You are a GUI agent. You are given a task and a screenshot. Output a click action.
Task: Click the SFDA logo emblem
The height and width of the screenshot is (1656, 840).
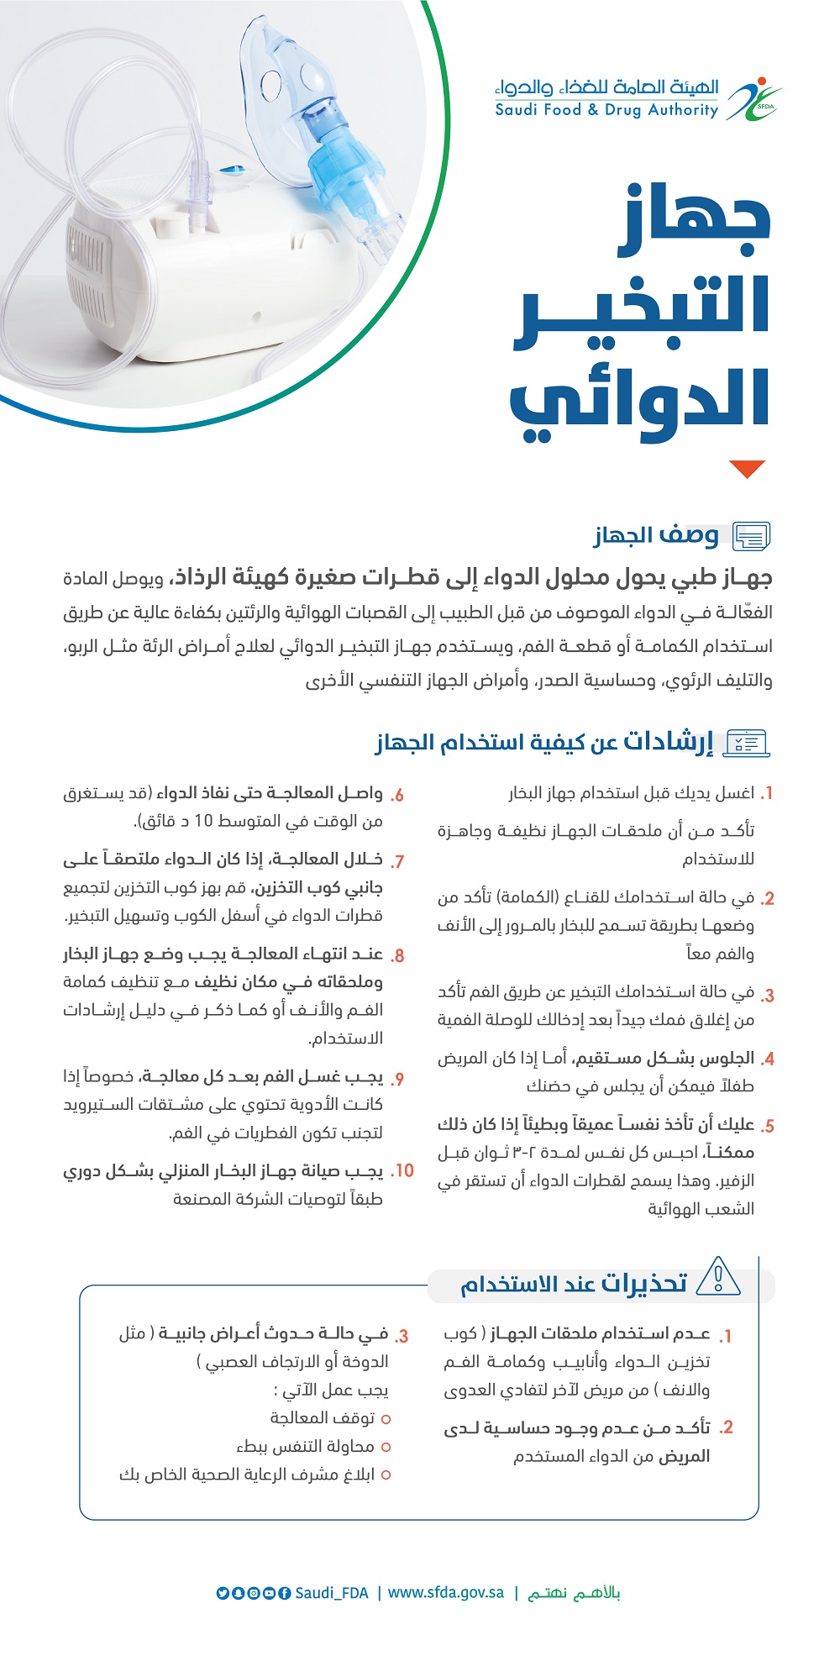(x=753, y=98)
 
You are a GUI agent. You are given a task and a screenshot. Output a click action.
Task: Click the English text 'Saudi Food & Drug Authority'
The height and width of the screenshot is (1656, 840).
(x=606, y=110)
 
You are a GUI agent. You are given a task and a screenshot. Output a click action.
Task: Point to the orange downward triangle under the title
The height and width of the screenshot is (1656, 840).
(x=747, y=469)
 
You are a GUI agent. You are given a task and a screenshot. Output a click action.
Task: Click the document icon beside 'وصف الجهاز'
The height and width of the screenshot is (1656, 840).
(x=751, y=536)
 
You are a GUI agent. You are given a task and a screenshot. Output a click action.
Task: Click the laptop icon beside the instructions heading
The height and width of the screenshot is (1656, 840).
(x=746, y=743)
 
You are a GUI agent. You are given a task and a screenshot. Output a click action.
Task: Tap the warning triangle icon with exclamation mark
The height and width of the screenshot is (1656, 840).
(x=718, y=1276)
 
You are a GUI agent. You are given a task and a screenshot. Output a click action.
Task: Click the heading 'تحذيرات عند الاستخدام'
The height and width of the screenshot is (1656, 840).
(x=574, y=1284)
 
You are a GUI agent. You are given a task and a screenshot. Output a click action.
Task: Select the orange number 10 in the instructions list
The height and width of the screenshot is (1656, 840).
(x=403, y=1171)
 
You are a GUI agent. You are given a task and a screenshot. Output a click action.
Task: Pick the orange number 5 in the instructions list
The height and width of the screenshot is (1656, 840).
(x=767, y=1126)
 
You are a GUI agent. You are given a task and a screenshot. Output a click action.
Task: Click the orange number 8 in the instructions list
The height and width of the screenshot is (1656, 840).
(x=398, y=955)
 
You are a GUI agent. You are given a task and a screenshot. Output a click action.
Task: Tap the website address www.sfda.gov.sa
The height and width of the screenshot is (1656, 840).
(x=446, y=1593)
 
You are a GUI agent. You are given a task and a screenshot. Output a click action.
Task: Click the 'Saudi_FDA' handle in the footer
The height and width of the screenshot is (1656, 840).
(x=332, y=1593)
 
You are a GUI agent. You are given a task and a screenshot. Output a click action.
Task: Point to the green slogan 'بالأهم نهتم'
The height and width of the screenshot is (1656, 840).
(x=574, y=1593)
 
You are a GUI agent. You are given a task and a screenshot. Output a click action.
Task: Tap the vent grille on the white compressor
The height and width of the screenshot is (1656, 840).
(x=89, y=277)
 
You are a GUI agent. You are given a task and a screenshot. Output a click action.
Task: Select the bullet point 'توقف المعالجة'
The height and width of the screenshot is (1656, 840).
(x=323, y=1418)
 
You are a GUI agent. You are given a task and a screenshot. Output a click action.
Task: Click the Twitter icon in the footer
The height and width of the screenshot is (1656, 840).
(x=222, y=1593)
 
